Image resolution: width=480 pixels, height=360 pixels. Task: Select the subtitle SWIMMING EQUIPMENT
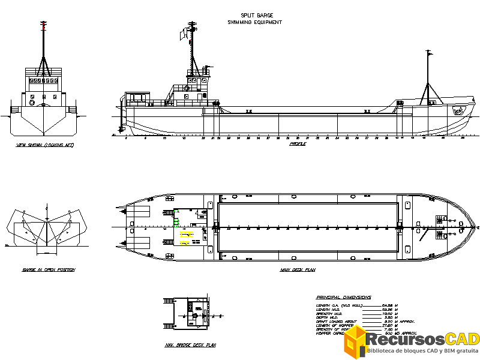point(254,22)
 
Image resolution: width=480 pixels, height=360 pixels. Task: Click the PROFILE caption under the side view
point(298,144)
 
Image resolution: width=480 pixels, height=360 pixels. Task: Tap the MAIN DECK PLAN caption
point(298,270)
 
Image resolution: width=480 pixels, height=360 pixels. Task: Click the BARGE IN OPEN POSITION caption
point(49,270)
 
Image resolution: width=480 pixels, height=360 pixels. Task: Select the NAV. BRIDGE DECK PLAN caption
point(190,345)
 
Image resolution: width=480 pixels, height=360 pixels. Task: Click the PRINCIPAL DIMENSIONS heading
point(343,297)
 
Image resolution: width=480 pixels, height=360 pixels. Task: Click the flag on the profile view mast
point(183,35)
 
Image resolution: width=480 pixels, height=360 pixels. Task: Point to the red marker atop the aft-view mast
point(43,26)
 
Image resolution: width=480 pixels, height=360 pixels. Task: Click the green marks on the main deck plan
point(176,221)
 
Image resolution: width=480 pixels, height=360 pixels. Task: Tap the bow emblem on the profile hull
point(459,110)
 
